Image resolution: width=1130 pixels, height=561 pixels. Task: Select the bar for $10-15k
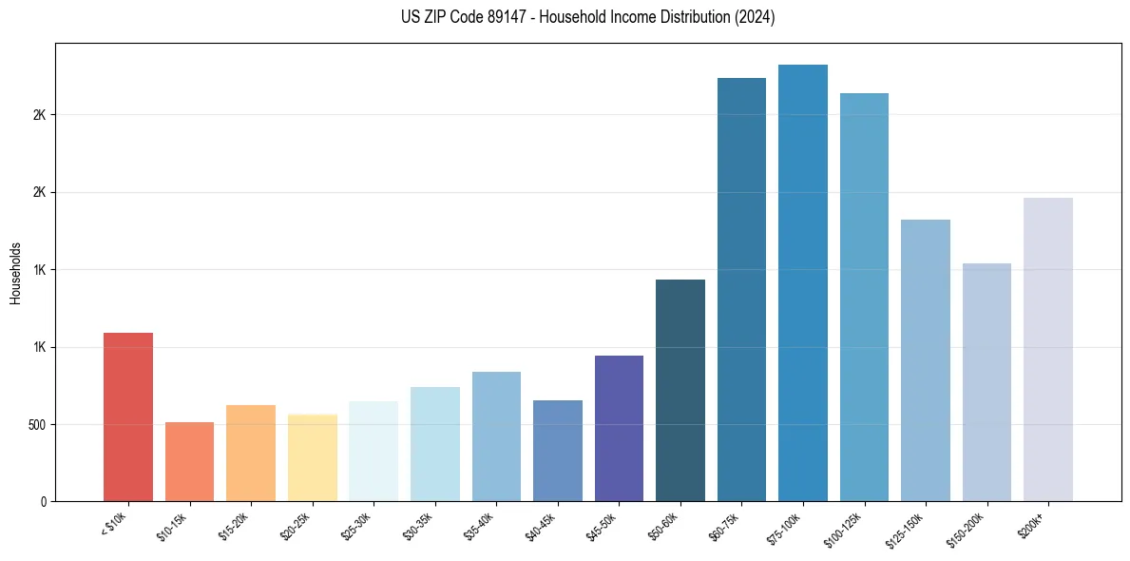[189, 461]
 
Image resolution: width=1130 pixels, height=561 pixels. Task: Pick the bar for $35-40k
[496, 436]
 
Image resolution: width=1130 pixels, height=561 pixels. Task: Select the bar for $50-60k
[680, 390]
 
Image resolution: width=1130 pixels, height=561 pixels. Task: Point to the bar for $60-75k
[741, 289]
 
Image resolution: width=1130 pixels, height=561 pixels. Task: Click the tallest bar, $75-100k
[803, 282]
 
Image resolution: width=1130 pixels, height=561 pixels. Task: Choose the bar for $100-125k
[864, 297]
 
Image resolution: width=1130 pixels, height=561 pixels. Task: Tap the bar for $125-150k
[926, 360]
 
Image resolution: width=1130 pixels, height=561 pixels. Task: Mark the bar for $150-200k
[986, 382]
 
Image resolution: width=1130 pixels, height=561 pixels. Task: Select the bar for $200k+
[1048, 349]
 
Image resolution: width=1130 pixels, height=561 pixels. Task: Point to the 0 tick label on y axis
[43, 501]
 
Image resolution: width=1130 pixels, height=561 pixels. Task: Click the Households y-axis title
[16, 272]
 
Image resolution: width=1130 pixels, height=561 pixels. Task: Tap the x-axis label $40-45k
[541, 525]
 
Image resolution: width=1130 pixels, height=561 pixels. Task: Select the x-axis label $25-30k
[356, 525]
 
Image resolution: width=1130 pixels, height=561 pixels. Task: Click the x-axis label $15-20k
[234, 525]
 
